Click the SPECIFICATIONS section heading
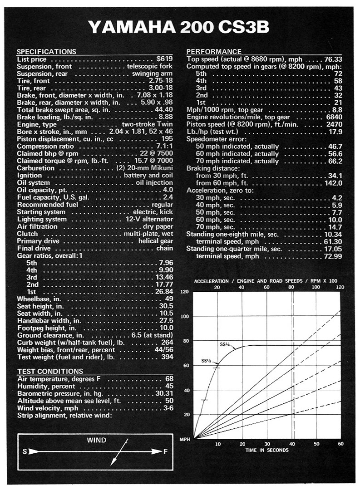click(x=46, y=52)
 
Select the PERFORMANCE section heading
click(x=214, y=52)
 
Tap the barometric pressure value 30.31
click(x=164, y=393)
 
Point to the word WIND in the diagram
click(x=97, y=440)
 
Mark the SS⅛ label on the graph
click(x=206, y=361)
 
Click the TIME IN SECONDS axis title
click(x=267, y=450)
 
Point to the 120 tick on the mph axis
click(x=184, y=292)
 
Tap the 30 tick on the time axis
click(x=267, y=444)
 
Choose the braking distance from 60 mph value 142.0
click(x=332, y=183)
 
